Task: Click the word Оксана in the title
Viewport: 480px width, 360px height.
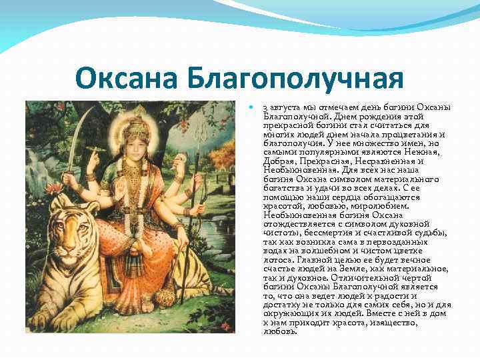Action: click(x=124, y=79)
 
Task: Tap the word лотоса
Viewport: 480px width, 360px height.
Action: click(x=277, y=259)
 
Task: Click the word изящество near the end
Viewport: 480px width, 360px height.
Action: click(x=394, y=322)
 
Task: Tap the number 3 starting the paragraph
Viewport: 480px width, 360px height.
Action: click(x=265, y=108)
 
